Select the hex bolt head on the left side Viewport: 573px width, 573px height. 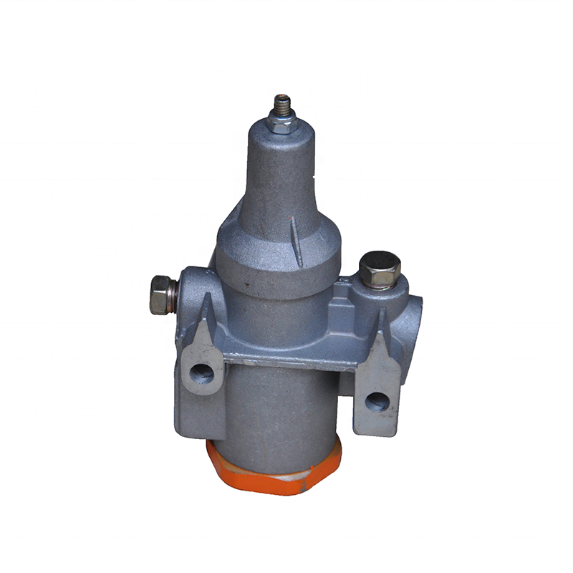(x=158, y=294)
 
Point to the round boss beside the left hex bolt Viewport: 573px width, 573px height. (x=193, y=286)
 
